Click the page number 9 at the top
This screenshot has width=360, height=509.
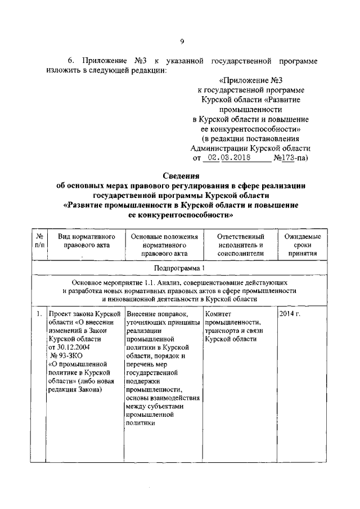(x=182, y=40)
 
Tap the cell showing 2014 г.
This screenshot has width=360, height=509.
(x=290, y=313)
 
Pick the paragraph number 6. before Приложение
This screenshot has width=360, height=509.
(x=71, y=60)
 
